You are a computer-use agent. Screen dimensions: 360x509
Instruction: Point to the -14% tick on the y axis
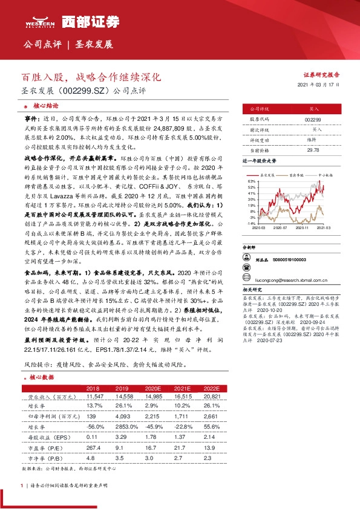pyautogui.click(x=250, y=223)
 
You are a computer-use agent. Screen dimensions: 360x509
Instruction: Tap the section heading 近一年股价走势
pyautogui.click(x=260, y=161)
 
